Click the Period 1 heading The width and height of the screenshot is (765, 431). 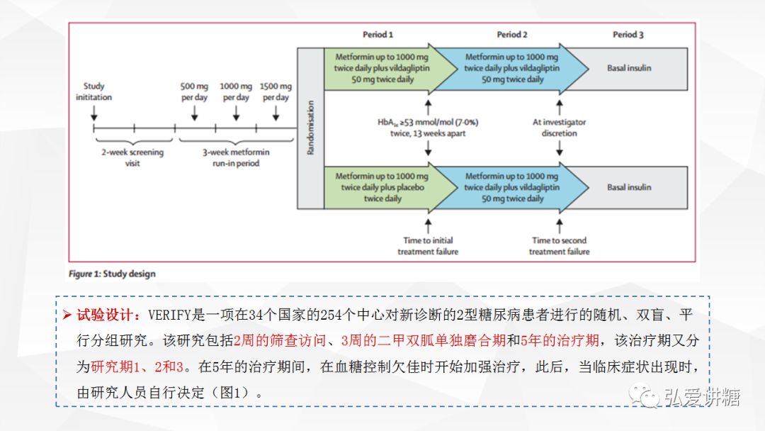(378, 35)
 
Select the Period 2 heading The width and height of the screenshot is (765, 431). (512, 35)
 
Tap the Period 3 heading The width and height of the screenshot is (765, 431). (628, 35)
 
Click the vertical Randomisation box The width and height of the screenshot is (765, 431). (311, 128)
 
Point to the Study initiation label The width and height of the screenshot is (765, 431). (93, 91)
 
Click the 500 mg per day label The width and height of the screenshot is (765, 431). (194, 91)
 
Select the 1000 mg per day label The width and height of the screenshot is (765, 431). (236, 91)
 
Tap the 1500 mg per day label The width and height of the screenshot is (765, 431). (276, 91)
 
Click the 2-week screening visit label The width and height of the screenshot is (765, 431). (132, 157)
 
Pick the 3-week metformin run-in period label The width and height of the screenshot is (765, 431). (236, 157)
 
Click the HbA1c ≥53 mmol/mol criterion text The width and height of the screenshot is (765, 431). (428, 128)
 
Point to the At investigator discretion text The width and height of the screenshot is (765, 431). (559, 128)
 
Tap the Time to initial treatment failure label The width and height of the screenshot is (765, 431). (428, 246)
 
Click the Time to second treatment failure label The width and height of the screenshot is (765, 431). (559, 246)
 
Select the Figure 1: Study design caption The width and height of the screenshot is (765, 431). (112, 274)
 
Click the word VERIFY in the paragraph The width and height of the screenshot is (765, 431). (169, 315)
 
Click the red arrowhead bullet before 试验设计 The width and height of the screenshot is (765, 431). (67, 315)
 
